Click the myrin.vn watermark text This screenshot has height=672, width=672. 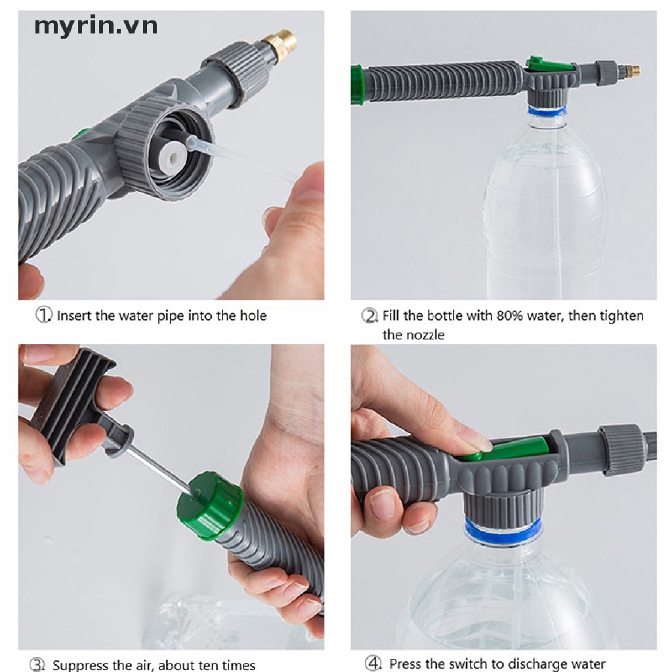(96, 26)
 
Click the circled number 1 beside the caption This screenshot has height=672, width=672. (43, 315)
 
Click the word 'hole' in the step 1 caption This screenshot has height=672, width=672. (253, 316)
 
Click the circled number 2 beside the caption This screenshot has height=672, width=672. (369, 316)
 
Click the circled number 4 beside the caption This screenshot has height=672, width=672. (373, 663)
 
